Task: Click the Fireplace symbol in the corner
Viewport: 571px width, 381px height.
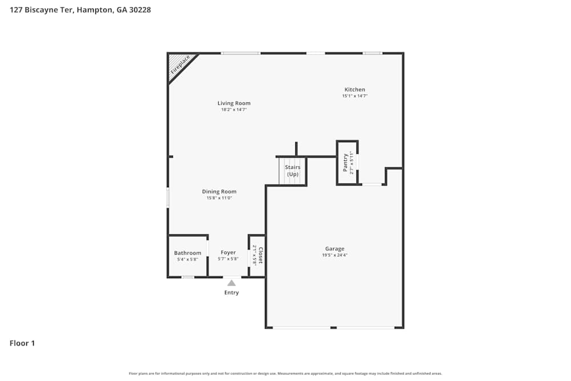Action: [x=179, y=65]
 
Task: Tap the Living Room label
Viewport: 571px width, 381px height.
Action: [x=234, y=103]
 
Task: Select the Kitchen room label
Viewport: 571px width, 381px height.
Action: [x=355, y=90]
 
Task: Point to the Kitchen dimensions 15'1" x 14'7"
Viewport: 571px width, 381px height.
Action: [x=355, y=96]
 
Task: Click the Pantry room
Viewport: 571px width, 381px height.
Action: [x=347, y=163]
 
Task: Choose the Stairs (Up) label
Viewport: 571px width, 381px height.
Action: [x=293, y=171]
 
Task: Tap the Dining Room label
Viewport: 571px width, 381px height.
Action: [x=219, y=192]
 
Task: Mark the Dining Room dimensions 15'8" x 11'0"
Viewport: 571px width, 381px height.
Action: [x=219, y=198]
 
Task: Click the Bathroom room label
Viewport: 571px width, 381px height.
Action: [x=187, y=253]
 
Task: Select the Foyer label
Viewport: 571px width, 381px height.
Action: [x=228, y=252]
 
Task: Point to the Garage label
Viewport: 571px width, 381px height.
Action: [x=335, y=248]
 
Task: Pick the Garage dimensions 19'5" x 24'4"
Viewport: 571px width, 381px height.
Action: [x=335, y=255]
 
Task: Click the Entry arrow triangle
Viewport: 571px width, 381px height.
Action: [x=231, y=282]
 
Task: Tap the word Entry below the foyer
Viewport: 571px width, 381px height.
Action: [x=231, y=292]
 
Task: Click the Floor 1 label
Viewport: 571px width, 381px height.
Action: [x=22, y=343]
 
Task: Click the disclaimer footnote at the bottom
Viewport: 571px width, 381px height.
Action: [x=285, y=374]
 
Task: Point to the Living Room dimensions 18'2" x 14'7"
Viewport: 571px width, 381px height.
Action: [x=234, y=110]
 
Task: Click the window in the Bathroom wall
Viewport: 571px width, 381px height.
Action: [x=187, y=277]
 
